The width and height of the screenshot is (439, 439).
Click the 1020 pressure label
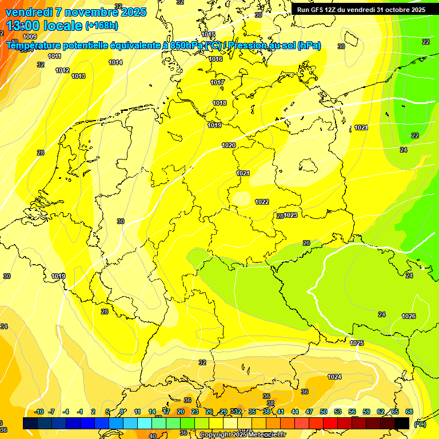pyautogui.click(x=229, y=145)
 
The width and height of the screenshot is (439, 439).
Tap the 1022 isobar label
pyautogui.click(x=262, y=202)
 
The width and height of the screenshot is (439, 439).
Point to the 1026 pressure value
pyautogui.click(x=409, y=316)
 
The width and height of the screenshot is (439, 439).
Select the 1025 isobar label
pyautogui.click(x=357, y=343)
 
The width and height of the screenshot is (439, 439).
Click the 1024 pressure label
pyautogui.click(x=334, y=377)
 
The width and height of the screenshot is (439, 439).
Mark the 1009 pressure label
pyautogui.click(x=29, y=53)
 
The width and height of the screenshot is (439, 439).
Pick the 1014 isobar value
pyautogui.click(x=115, y=62)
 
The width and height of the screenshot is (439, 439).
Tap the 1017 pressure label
pyautogui.click(x=217, y=82)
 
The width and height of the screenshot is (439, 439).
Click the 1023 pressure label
pyautogui.click(x=291, y=215)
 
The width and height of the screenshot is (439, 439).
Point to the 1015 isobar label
pyautogui.click(x=208, y=34)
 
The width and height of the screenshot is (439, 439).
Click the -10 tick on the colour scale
pyautogui.click(x=39, y=412)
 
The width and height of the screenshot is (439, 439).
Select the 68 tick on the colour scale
pyautogui.click(x=409, y=412)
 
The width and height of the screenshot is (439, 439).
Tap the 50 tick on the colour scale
pyautogui.click(x=324, y=412)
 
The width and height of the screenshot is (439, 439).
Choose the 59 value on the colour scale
pyautogui.click(x=366, y=412)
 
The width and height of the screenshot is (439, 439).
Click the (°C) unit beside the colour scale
pyautogui.click(x=420, y=424)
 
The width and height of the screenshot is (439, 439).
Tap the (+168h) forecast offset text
pyautogui.click(x=102, y=25)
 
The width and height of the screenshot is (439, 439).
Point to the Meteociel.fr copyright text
pyautogui.click(x=262, y=434)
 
